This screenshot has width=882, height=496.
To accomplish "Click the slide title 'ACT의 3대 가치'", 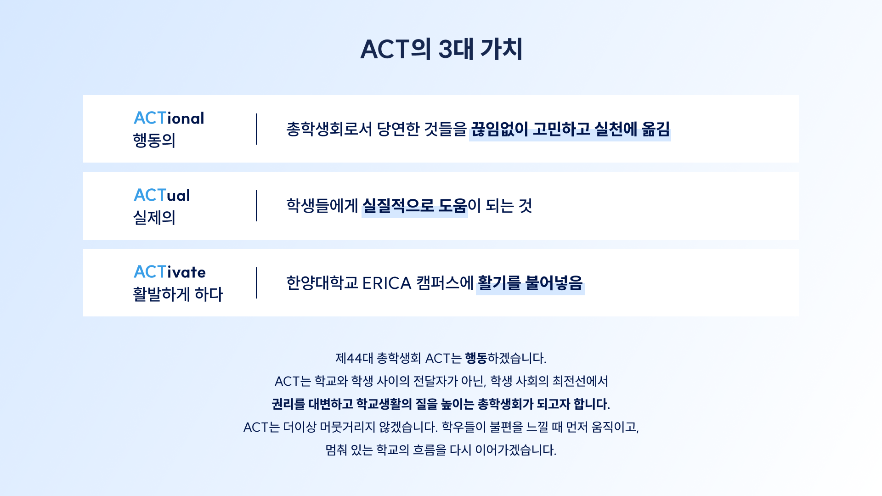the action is (441, 49).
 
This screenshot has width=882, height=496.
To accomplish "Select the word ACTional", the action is (169, 118).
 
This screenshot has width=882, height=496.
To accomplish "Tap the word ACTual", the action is (162, 195).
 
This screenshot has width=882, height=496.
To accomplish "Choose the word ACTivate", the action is (170, 272).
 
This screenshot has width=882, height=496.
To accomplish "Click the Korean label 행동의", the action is (154, 140).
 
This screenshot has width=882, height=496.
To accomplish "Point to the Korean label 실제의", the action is (154, 217).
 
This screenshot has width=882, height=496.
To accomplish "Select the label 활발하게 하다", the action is (178, 294).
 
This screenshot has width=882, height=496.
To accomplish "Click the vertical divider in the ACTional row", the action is (256, 129).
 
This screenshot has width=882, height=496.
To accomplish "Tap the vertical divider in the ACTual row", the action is (256, 206).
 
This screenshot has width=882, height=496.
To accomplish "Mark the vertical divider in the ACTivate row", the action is (256, 283).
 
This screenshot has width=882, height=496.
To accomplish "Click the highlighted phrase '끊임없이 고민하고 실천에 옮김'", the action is (570, 129).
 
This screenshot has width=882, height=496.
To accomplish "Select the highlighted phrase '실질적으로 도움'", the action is (415, 206).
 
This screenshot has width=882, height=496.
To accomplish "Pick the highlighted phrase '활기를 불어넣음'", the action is (530, 283).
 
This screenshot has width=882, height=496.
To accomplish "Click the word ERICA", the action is (387, 283).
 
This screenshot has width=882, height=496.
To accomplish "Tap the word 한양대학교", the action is (322, 283).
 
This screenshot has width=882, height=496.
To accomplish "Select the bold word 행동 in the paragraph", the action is (476, 358).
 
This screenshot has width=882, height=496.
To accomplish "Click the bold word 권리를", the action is (288, 404).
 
